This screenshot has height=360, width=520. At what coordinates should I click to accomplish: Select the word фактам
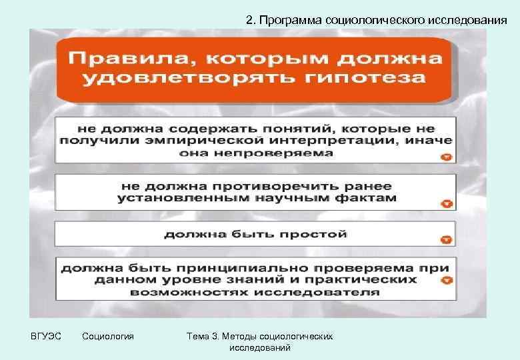(369, 197)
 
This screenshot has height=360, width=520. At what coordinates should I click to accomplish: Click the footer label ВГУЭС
(45, 336)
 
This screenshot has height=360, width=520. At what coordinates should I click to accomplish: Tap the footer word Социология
(107, 336)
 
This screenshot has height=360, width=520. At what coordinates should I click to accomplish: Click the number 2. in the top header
(250, 20)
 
